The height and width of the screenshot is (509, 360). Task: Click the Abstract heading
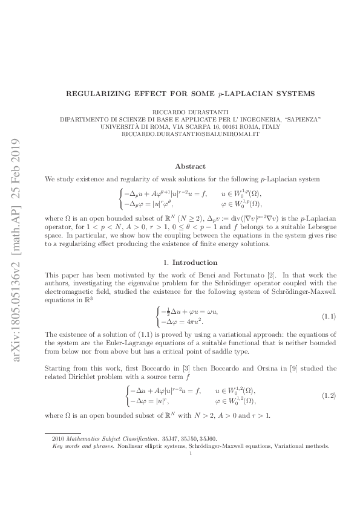point(190,166)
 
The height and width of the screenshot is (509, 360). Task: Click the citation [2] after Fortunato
point(241,275)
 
